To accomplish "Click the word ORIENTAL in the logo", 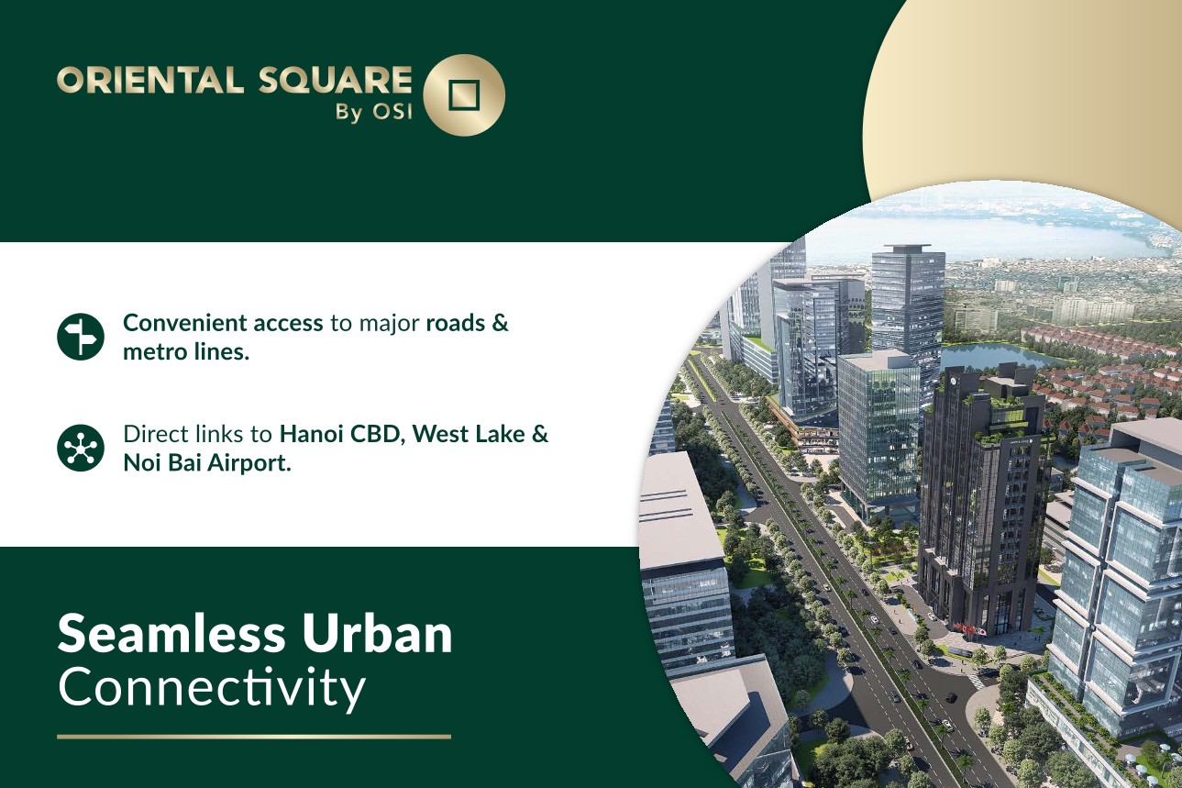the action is (x=150, y=80).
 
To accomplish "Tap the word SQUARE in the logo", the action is (x=335, y=80).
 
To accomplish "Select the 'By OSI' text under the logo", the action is (x=373, y=113).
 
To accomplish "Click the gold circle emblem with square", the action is (x=464, y=95).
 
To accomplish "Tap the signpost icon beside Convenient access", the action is (x=80, y=337).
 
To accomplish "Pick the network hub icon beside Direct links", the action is (x=80, y=448).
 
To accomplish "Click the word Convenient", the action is (x=184, y=323).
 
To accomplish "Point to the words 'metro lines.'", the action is (x=186, y=352).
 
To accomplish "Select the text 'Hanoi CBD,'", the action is (x=342, y=435).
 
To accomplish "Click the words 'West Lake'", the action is (x=469, y=434).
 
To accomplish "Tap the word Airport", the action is (x=249, y=463).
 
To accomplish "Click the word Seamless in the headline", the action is (x=171, y=634).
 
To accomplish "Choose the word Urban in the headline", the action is (x=377, y=634).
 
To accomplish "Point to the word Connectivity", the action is (x=212, y=688).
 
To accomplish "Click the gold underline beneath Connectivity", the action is (x=254, y=737).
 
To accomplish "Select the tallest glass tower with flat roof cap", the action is (x=908, y=316).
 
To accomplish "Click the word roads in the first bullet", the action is (x=456, y=323).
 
